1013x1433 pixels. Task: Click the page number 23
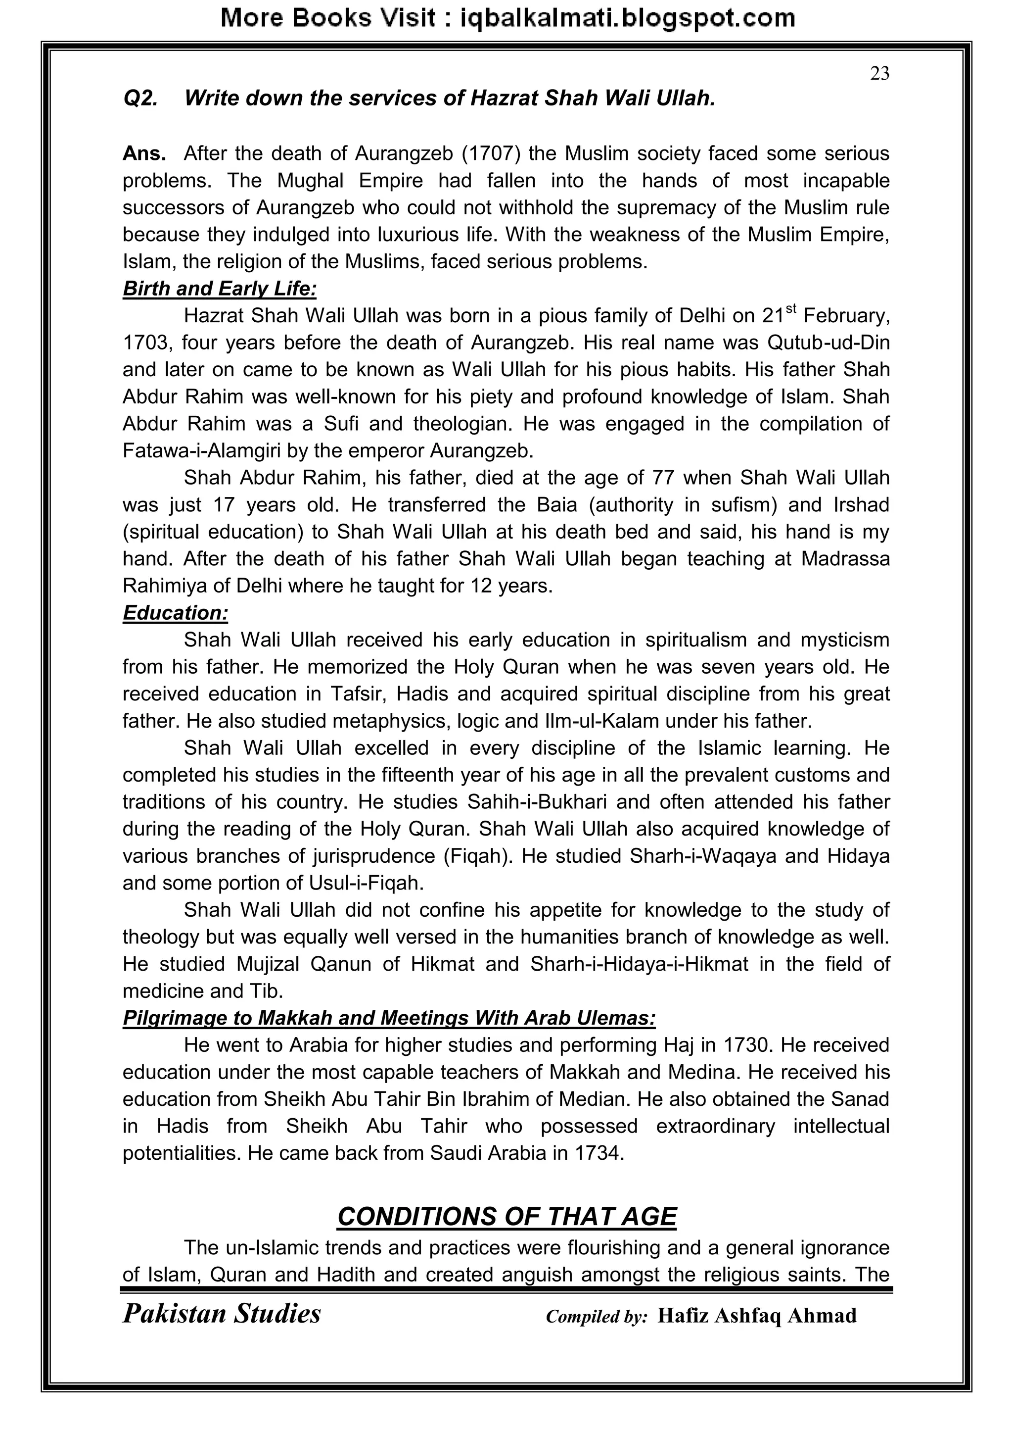pyautogui.click(x=879, y=74)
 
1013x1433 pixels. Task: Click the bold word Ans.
pyautogui.click(x=144, y=153)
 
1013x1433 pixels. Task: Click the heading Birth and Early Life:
pyautogui.click(x=220, y=289)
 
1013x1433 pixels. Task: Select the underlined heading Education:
pyautogui.click(x=175, y=613)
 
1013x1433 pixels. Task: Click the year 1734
pyautogui.click(x=597, y=1153)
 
